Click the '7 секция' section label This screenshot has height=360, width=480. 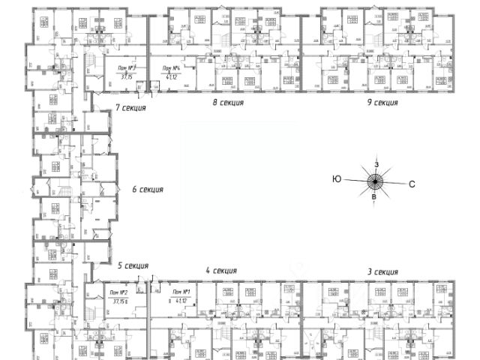[x=130, y=108]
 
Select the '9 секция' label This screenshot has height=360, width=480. [x=382, y=102]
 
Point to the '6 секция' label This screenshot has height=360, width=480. [x=147, y=189]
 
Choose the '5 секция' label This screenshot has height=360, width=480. [x=133, y=265]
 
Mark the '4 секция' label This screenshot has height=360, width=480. [x=221, y=271]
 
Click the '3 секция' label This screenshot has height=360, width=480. [x=382, y=271]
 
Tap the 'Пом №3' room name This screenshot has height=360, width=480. [x=126, y=67]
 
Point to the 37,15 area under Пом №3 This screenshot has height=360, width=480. [x=125, y=76]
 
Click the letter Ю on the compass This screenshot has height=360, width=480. [x=337, y=178]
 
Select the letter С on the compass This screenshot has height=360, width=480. [x=412, y=183]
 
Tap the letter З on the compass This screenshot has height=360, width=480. [x=377, y=163]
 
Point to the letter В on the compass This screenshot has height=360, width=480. [x=374, y=196]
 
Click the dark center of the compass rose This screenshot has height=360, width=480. [x=375, y=180]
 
